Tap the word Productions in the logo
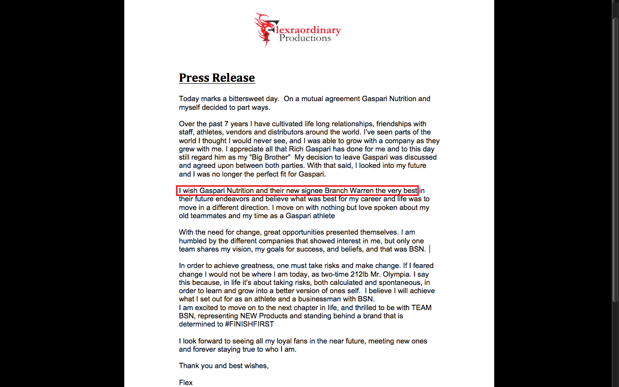pyautogui.click(x=305, y=38)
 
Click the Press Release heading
pyautogui.click(x=217, y=78)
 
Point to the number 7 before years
pyautogui.click(x=226, y=124)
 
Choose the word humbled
pyautogui.click(x=193, y=241)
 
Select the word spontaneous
pyautogui.click(x=400, y=283)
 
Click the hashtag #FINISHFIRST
pyautogui.click(x=250, y=324)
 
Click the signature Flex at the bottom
pyautogui.click(x=186, y=383)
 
